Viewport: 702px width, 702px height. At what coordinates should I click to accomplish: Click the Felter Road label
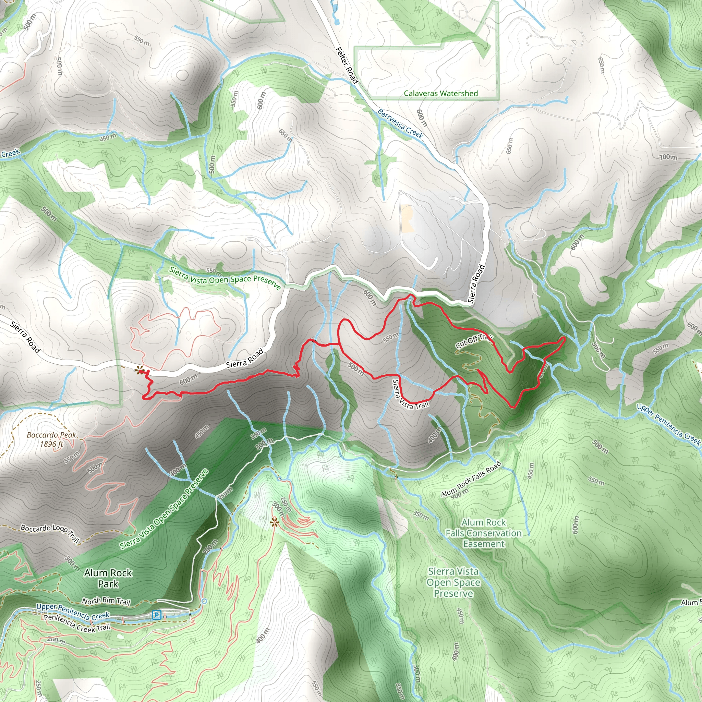click(347, 65)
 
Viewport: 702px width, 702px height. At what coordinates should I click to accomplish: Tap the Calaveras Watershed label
click(441, 93)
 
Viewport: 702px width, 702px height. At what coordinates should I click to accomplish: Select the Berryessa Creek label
click(400, 124)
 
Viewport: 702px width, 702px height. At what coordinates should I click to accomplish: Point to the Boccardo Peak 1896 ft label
click(52, 439)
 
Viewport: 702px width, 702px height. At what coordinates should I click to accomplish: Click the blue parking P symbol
click(156, 615)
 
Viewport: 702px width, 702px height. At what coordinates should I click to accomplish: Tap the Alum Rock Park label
click(108, 578)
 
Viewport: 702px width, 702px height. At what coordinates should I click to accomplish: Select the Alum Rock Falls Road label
click(471, 479)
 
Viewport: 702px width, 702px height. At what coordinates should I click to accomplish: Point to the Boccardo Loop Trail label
click(50, 533)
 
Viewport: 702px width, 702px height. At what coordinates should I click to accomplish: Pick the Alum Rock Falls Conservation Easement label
click(483, 533)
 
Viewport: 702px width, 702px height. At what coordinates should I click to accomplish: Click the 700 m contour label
click(668, 157)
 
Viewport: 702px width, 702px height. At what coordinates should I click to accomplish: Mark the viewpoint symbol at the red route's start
click(140, 370)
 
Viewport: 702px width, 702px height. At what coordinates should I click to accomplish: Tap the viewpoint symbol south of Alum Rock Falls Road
click(274, 522)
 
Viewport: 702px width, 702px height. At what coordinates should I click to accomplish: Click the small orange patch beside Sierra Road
click(408, 218)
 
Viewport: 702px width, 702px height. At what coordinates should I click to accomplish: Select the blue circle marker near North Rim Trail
click(204, 601)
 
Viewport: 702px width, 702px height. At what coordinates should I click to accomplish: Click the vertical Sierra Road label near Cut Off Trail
click(476, 284)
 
